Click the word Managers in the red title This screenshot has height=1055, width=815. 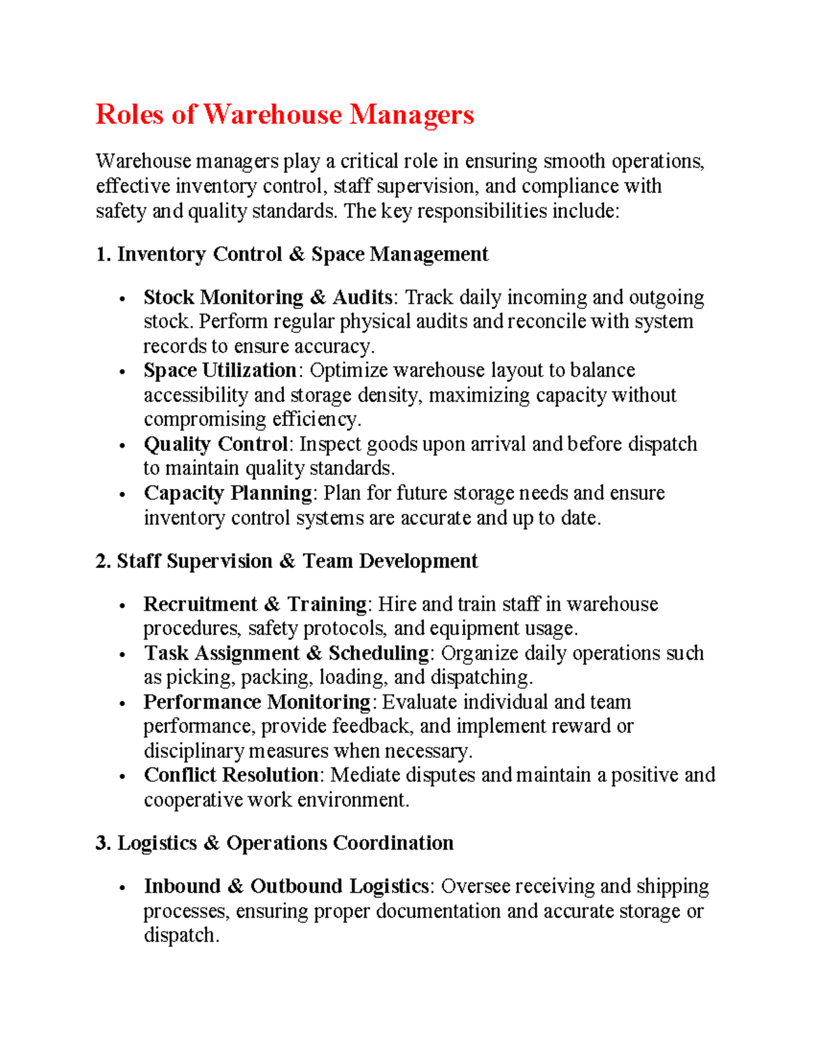pos(412,115)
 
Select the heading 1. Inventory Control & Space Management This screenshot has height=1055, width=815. pos(292,255)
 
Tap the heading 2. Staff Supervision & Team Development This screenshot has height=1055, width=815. pos(287,561)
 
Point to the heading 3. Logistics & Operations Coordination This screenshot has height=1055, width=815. pos(274,843)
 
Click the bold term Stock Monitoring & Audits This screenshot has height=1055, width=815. pos(268,298)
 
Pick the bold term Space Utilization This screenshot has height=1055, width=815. pos(220,370)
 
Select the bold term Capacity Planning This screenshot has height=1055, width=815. pos(228,493)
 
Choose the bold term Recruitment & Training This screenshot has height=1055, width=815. pos(255,604)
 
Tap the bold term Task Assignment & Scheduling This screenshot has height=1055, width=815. pos(286,653)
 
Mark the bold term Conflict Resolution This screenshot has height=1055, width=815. pos(231,775)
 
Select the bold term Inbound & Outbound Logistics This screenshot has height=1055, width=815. pos(286,887)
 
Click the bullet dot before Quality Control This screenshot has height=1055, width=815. pos(122,446)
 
